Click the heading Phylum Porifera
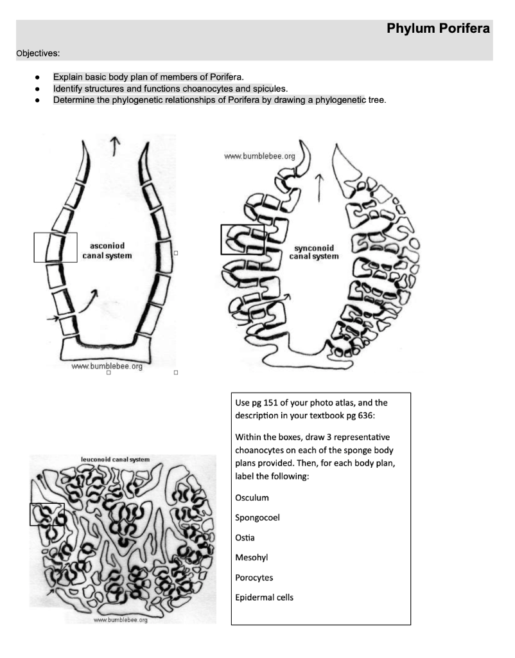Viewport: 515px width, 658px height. [x=438, y=29]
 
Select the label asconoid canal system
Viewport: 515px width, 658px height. [x=107, y=251]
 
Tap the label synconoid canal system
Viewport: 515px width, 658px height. [x=313, y=252]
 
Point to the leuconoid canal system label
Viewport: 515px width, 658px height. [x=115, y=459]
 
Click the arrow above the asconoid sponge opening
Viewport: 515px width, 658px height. [x=114, y=146]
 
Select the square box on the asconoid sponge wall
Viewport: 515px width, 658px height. [x=55, y=247]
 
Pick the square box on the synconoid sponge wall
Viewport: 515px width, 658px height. [x=242, y=239]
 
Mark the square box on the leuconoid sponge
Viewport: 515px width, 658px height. [x=47, y=514]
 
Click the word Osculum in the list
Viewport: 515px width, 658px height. [x=252, y=497]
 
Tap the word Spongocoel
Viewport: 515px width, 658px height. [x=257, y=517]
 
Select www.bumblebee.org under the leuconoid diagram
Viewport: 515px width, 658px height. [x=121, y=620]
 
